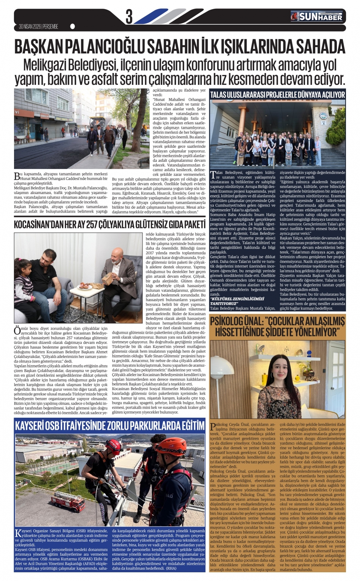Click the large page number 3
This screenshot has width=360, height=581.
coord(129,17)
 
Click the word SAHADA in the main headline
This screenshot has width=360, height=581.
coord(321,47)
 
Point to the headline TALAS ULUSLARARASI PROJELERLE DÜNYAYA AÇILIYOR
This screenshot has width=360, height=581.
coord(277,94)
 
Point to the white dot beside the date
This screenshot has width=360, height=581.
coord(72,27)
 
